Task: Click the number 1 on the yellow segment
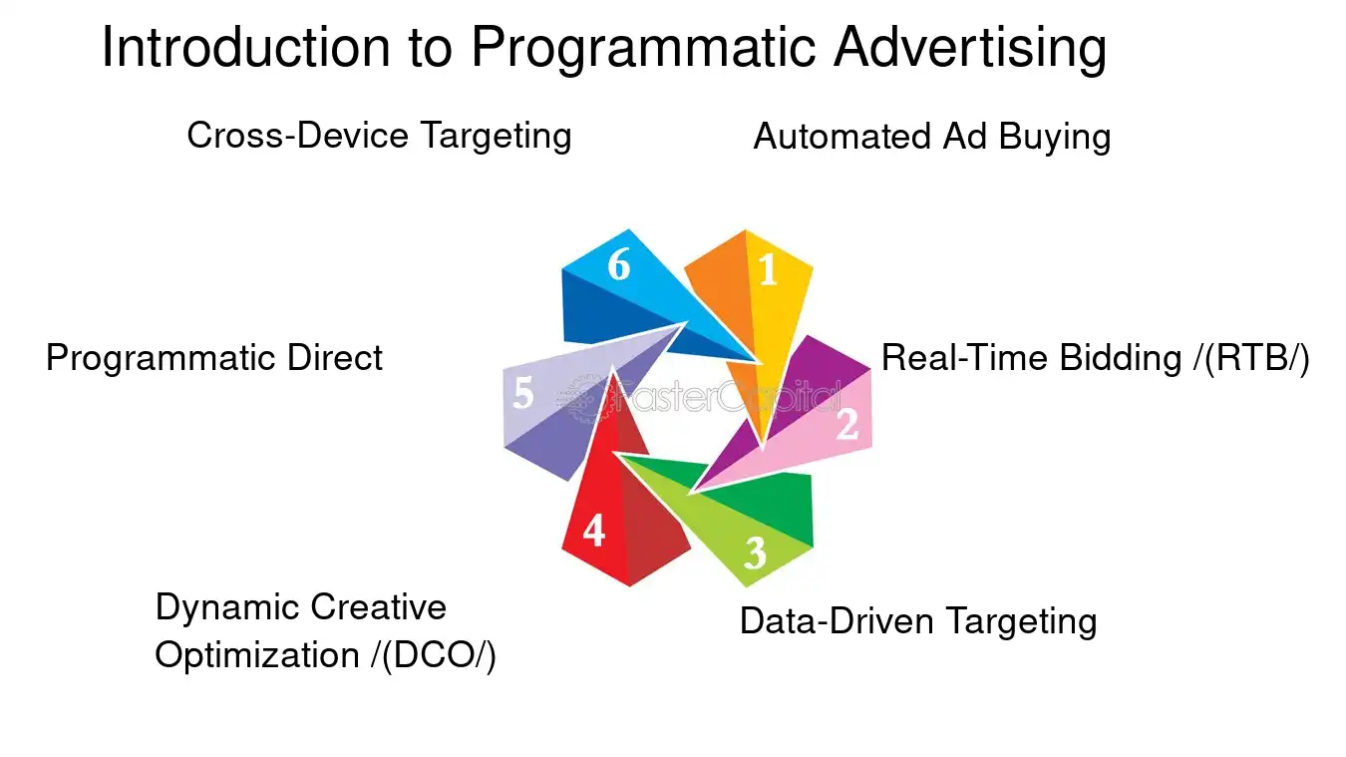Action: (x=767, y=270)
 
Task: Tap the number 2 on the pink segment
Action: (x=846, y=425)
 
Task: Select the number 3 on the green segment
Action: (x=755, y=553)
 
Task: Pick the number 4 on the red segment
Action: (x=593, y=532)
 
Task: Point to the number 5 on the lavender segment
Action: (x=523, y=395)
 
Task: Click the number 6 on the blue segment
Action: (x=619, y=265)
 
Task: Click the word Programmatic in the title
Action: (x=644, y=48)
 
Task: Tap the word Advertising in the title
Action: (x=970, y=48)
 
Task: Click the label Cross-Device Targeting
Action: (x=379, y=136)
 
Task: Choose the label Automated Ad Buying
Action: (x=931, y=137)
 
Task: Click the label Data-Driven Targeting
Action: (x=917, y=621)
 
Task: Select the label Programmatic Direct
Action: (x=214, y=358)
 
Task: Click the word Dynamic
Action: (x=226, y=606)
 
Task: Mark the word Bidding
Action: (x=1120, y=358)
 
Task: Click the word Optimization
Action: (x=257, y=656)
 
